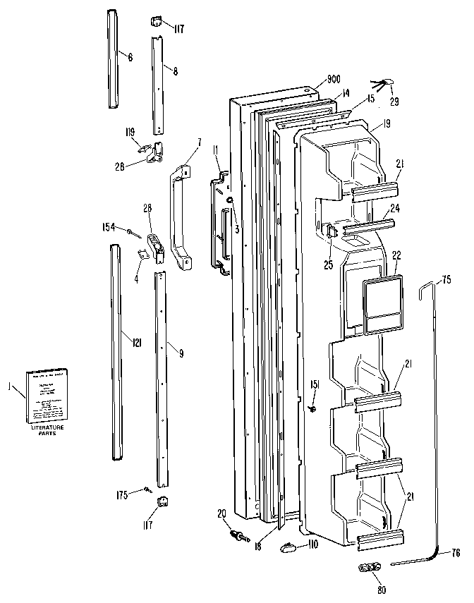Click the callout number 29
(x=394, y=102)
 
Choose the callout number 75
(x=446, y=281)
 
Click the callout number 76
(x=455, y=553)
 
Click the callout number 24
(x=395, y=208)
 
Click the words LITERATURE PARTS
(x=47, y=431)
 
